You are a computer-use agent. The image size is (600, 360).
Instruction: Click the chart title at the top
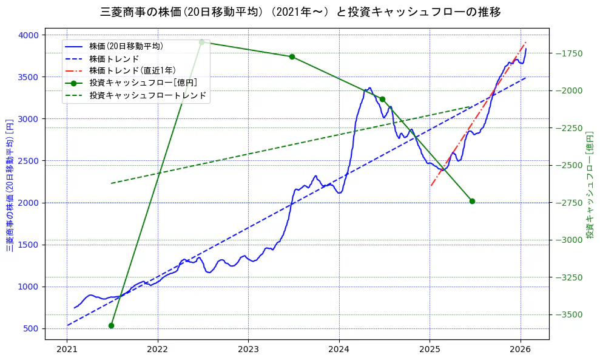pos(300,12)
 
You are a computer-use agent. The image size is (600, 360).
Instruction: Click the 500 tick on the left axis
pos(30,328)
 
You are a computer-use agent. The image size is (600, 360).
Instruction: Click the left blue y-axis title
pos(10,185)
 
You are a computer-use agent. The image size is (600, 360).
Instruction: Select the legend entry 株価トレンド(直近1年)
pos(131,70)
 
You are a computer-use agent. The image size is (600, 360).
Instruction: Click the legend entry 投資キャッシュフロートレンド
pos(148,95)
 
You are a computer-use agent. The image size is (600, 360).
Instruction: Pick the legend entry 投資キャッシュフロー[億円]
pos(143,83)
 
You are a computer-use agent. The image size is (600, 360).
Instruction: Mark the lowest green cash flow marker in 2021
pos(111,325)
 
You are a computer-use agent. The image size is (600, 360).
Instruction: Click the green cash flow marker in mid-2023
pos(292,56)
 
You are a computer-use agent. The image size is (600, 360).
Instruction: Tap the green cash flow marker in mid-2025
pos(472,201)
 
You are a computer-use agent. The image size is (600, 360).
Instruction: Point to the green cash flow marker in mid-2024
pos(382,99)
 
